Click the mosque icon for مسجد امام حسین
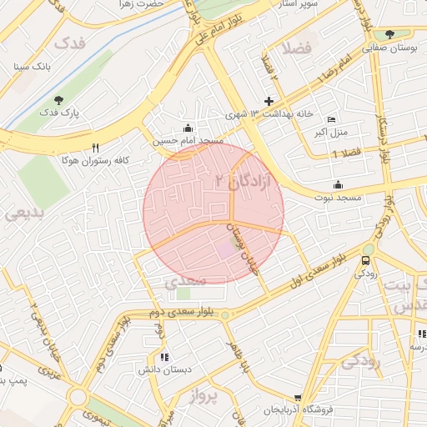(x=188, y=128)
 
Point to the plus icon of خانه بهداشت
(x=269, y=101)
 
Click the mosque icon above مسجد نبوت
(x=338, y=184)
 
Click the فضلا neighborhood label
(x=297, y=48)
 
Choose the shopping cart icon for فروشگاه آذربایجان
(x=298, y=399)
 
